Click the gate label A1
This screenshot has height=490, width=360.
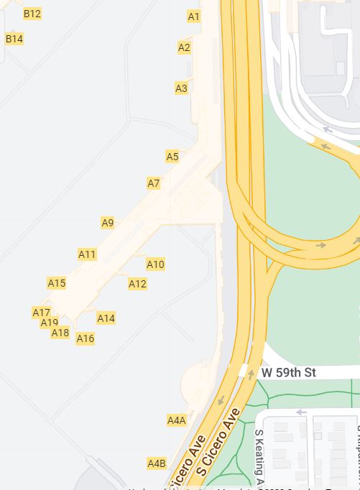[x=194, y=16]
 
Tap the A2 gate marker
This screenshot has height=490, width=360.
[x=184, y=47]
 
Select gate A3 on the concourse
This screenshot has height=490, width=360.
[x=181, y=88]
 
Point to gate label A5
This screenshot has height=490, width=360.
[x=172, y=157]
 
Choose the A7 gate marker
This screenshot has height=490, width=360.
[x=154, y=183]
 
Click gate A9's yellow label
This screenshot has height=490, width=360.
[x=108, y=223]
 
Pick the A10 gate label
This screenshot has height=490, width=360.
[x=155, y=264]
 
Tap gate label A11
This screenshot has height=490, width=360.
[x=87, y=254]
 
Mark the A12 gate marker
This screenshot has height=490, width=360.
[x=137, y=284]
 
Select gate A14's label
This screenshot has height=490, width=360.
[x=106, y=318]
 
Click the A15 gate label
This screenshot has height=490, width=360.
[x=57, y=283]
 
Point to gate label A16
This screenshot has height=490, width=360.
[x=85, y=338]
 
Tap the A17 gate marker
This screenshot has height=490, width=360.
[x=41, y=313]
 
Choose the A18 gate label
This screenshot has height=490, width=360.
[x=60, y=333]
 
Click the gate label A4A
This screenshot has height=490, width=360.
[x=176, y=420]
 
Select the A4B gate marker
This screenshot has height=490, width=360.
[x=157, y=463]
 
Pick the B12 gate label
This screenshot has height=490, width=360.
[x=32, y=14]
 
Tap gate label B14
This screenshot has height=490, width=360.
[x=14, y=39]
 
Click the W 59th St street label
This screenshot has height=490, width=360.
[x=288, y=372]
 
